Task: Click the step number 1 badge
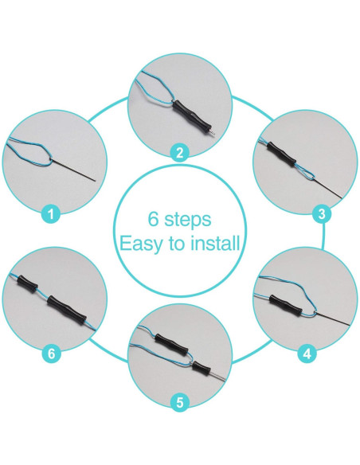click(x=51, y=213)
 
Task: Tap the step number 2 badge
click(x=180, y=153)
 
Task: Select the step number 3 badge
click(x=322, y=213)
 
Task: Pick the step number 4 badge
click(x=307, y=354)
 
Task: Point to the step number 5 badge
click(x=180, y=402)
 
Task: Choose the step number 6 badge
click(x=51, y=354)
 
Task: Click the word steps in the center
click(x=187, y=220)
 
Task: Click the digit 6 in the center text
click(x=153, y=219)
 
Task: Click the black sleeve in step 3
click(x=281, y=154)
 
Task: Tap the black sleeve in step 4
click(x=286, y=305)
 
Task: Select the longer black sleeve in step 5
click(x=171, y=343)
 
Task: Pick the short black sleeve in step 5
click(x=202, y=368)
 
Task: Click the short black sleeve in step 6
click(x=27, y=283)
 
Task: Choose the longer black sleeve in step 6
click(x=67, y=310)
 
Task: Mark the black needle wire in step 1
click(x=74, y=170)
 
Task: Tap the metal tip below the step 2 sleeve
click(x=210, y=132)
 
